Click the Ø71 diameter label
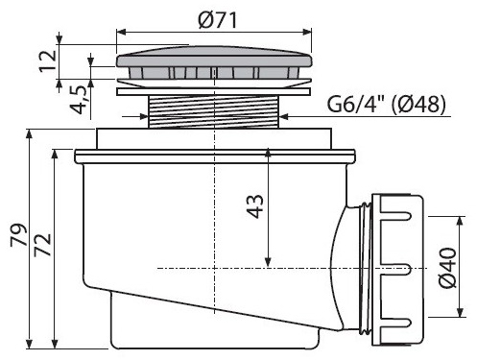pos(218,19)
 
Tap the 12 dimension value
pos(48,61)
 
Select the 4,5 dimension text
pos(78,100)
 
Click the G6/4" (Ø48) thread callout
pos(386,104)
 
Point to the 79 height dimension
pos(18,234)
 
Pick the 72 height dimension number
pos(42,245)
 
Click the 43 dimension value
pos(255,206)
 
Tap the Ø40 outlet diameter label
pos(447,268)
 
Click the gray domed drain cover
pos(214,58)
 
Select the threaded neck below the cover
pos(214,111)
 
